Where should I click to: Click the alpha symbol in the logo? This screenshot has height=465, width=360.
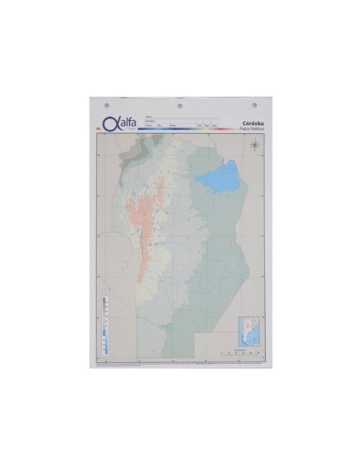coord(110,123)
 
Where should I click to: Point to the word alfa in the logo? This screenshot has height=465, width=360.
coord(128,122)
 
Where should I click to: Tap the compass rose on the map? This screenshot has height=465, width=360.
coord(255,145)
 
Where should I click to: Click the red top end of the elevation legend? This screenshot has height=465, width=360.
coord(104,301)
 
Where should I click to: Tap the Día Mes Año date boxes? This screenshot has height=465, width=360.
coord(209,126)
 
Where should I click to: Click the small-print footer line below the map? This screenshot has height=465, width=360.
coord(180,360)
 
